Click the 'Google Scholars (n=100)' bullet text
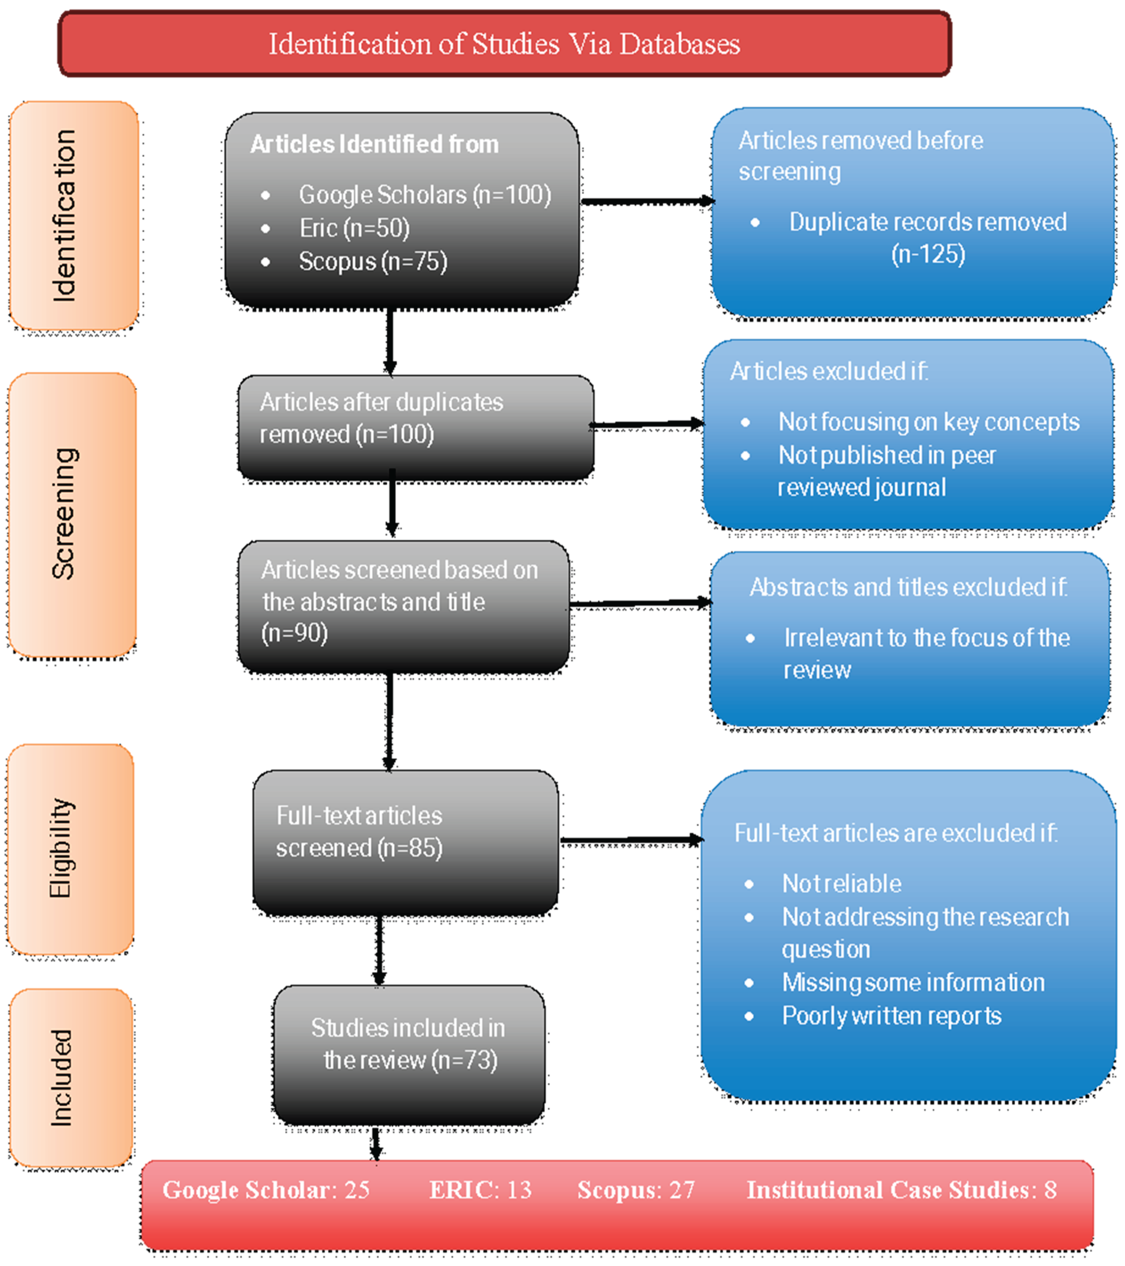[425, 195]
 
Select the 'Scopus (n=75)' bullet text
[373, 261]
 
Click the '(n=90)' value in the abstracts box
[295, 633]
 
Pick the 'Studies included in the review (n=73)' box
[409, 1053]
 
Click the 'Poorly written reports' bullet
[891, 1016]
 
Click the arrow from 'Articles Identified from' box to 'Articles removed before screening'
[647, 201]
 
